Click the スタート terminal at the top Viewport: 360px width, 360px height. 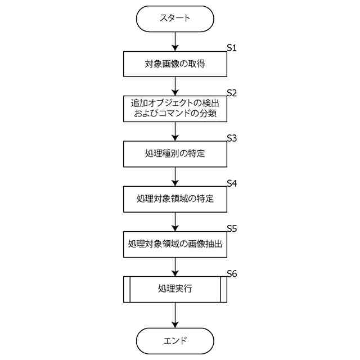click(x=175, y=19)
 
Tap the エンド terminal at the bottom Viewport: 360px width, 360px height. click(x=175, y=341)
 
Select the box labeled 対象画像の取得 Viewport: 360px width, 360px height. click(x=175, y=64)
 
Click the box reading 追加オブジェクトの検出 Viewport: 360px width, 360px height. click(x=175, y=103)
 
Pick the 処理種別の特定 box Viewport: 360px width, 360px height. click(x=175, y=153)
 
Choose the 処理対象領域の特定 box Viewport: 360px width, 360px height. click(x=175, y=199)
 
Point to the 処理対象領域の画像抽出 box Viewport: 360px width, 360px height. click(x=175, y=244)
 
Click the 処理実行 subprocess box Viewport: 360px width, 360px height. click(x=175, y=289)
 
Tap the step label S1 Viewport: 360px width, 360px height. click(x=232, y=48)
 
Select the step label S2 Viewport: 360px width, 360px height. click(x=232, y=92)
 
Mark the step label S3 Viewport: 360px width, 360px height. click(x=232, y=138)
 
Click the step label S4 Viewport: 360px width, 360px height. click(x=232, y=183)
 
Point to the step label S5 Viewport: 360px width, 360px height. click(x=232, y=228)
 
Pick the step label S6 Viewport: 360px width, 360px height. click(x=232, y=274)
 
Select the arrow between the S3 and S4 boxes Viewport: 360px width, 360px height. click(x=175, y=176)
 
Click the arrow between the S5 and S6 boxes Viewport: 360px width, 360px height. click(x=175, y=267)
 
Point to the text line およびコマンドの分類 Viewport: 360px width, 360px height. click(x=175, y=114)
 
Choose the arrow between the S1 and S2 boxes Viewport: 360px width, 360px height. click(x=175, y=85)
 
